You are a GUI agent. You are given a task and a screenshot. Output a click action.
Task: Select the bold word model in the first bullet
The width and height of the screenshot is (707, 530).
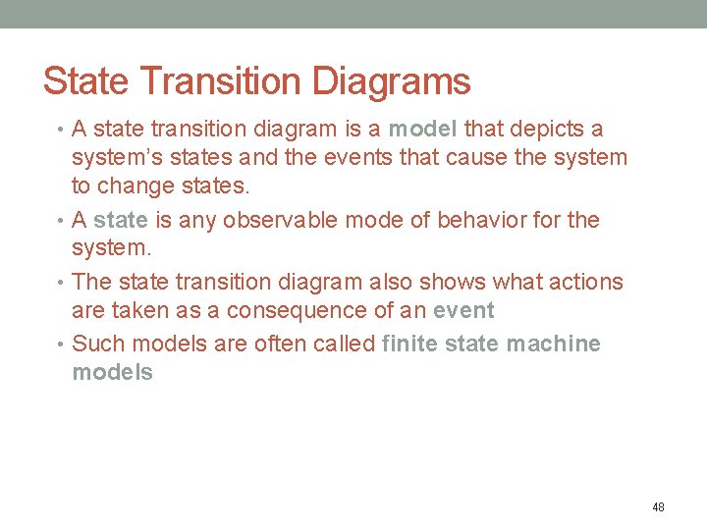[422, 129]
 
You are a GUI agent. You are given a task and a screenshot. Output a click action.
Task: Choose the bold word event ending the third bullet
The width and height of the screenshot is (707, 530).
[463, 311]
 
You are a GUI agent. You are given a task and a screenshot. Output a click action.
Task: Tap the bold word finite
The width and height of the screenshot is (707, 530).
[411, 344]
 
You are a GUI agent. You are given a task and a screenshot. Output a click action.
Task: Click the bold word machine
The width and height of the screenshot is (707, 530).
[552, 344]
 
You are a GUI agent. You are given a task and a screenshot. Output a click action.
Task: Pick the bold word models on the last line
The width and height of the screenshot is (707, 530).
[113, 373]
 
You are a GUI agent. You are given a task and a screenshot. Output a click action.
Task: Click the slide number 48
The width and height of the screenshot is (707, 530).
[658, 507]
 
